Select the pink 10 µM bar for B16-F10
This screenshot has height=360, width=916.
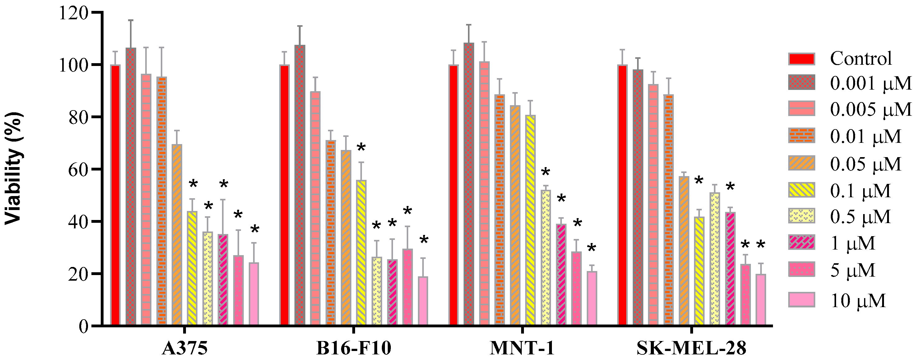[423, 301]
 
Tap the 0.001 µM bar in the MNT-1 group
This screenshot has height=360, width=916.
[469, 184]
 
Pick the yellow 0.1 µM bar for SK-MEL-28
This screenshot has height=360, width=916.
[699, 271]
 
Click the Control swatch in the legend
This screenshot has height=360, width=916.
[801, 59]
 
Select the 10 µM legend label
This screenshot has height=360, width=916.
[858, 301]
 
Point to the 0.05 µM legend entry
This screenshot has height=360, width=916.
[865, 164]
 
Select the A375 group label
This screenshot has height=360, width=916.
[185, 348]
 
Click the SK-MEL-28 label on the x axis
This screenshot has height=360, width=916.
[691, 348]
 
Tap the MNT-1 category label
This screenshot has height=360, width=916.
[522, 348]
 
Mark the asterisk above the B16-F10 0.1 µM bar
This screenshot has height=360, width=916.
[361, 147]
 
